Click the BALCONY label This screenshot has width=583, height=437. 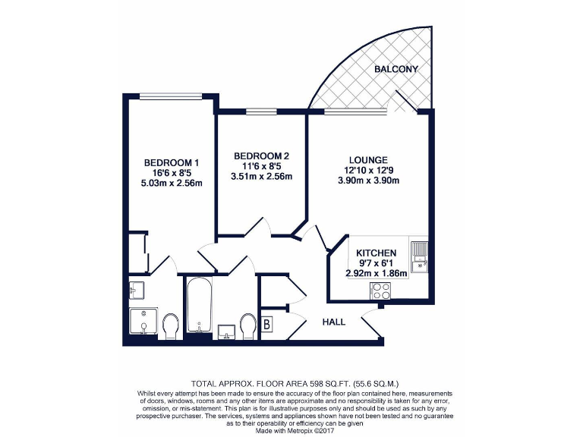click(x=395, y=69)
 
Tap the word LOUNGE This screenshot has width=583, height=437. click(x=368, y=160)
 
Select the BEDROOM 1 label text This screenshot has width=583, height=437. click(x=172, y=162)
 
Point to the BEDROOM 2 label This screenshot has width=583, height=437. click(x=260, y=156)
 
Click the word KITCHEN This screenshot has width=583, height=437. click(x=377, y=253)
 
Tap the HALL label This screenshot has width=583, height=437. click(x=334, y=322)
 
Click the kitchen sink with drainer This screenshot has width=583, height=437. click(x=419, y=258)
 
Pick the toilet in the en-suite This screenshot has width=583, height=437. click(x=171, y=326)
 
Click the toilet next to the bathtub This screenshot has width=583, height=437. click(x=247, y=326)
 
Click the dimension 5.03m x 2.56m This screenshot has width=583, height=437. click(x=172, y=183)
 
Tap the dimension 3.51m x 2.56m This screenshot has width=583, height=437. click(x=260, y=177)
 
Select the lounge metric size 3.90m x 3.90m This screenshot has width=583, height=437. click(x=368, y=181)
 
